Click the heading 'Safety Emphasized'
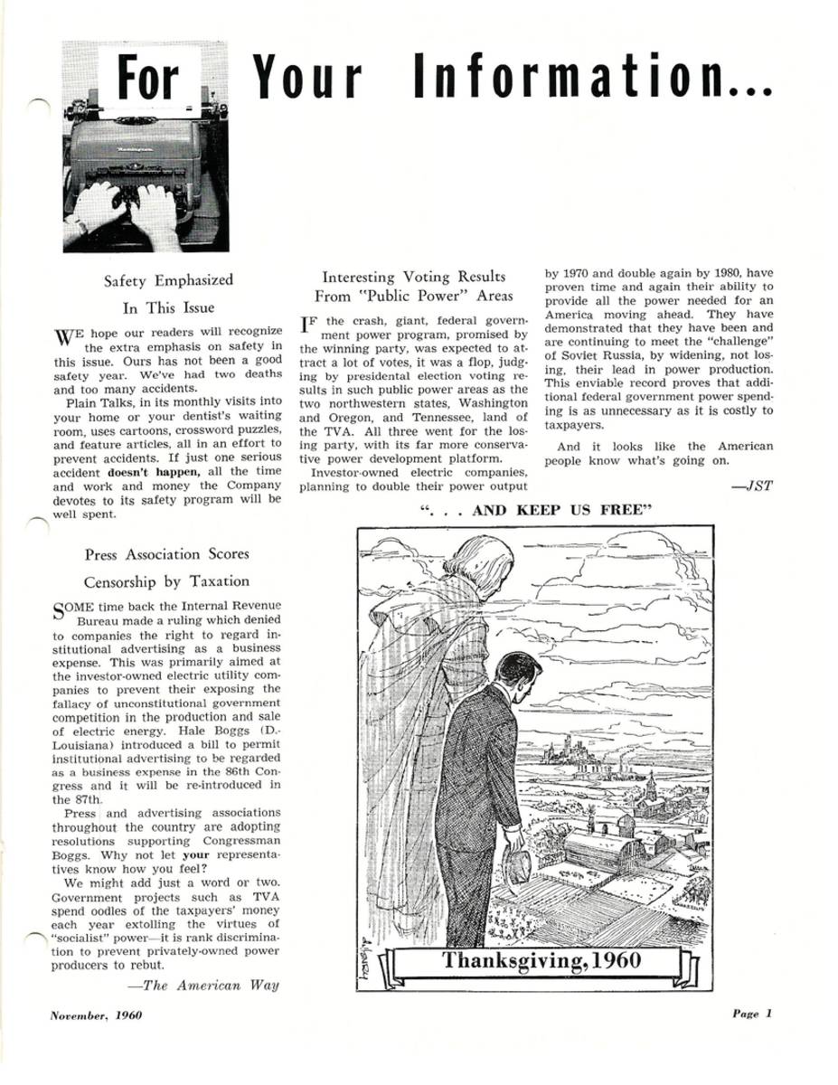tap(168, 280)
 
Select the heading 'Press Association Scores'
tap(167, 553)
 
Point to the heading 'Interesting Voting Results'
tap(413, 277)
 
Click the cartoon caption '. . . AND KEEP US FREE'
tap(536, 511)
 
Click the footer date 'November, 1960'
tap(97, 1014)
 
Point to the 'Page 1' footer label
tap(752, 1014)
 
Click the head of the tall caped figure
tap(470, 564)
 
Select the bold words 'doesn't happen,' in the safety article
tap(146, 472)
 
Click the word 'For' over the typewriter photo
tap(149, 79)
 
